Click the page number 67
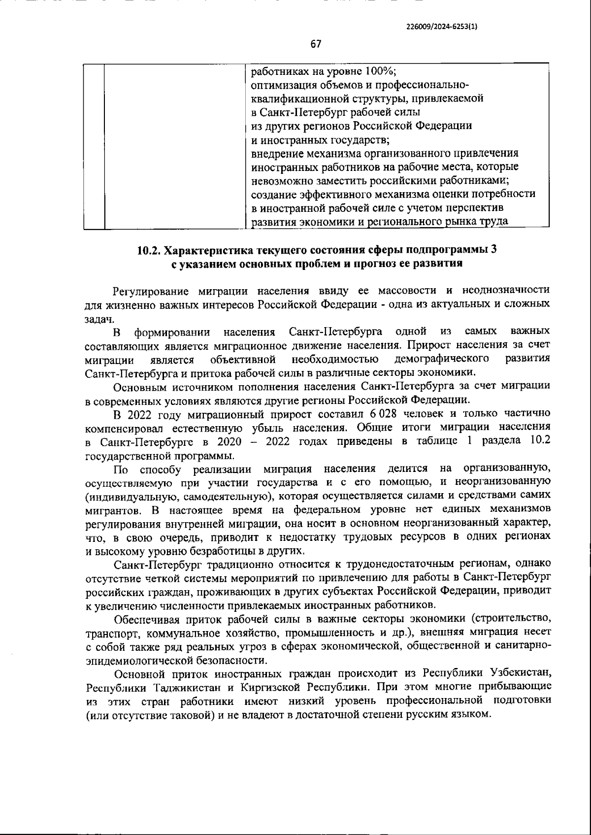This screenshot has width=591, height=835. pyautogui.click(x=316, y=44)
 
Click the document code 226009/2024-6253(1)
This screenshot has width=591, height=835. pyautogui.click(x=442, y=28)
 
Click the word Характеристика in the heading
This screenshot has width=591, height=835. pyautogui.click(x=206, y=250)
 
